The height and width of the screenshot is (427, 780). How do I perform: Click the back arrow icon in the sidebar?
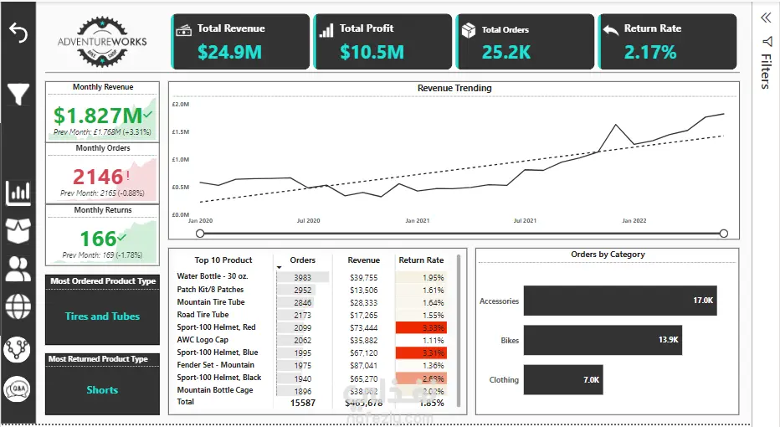(18, 33)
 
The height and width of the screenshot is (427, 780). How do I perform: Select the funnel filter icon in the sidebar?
(18, 94)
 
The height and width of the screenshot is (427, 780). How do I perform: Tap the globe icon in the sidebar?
(18, 306)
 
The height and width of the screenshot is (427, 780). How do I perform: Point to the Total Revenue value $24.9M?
(230, 53)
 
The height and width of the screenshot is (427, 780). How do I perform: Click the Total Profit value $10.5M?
(372, 53)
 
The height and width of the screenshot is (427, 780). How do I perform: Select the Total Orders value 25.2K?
(506, 53)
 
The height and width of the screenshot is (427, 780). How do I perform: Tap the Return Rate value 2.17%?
(650, 53)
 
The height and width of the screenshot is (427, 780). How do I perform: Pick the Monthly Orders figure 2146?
(98, 177)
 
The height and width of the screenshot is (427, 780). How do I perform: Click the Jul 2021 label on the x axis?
(525, 221)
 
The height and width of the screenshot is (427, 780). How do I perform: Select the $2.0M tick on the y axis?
(181, 105)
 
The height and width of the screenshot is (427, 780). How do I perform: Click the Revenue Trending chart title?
(454, 88)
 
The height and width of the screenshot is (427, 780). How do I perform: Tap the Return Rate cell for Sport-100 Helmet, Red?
(421, 327)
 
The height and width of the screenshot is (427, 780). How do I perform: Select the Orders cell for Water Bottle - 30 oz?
(303, 277)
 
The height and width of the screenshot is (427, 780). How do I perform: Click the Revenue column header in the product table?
(364, 260)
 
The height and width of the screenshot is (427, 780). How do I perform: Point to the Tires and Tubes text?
(102, 316)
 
